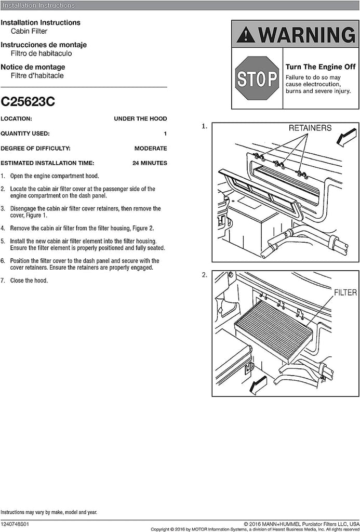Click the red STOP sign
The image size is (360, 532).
click(257, 78)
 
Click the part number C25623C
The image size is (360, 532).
click(28, 102)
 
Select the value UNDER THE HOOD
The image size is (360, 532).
click(140, 118)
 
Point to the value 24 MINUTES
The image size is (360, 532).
click(150, 163)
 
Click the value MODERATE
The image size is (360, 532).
click(151, 148)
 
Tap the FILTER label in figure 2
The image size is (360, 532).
click(345, 292)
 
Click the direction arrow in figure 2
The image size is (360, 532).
click(258, 385)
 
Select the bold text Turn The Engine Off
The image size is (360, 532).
click(321, 67)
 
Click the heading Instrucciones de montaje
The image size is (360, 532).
click(44, 45)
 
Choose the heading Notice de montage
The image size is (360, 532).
click(33, 67)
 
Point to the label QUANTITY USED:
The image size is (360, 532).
click(25, 134)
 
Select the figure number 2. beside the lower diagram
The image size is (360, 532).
click(205, 275)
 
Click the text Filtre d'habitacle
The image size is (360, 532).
click(37, 75)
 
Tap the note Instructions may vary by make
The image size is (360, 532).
click(48, 512)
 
